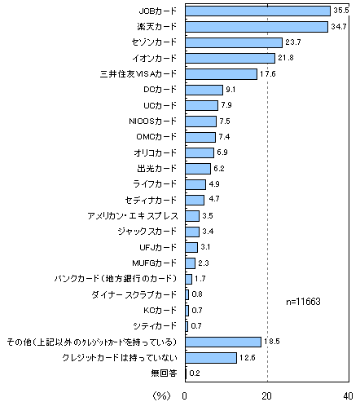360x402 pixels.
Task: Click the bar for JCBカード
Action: tap(257, 11)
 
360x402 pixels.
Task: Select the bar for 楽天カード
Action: tap(257, 27)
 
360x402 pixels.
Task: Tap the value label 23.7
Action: tap(293, 42)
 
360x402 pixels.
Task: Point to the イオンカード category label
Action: tap(155, 58)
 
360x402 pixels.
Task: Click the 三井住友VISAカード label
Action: tap(138, 74)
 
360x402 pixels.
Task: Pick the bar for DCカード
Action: tap(204, 90)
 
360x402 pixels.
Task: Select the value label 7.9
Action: tap(226, 105)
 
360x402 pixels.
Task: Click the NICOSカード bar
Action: tap(201, 121)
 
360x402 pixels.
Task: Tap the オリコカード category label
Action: tap(155, 152)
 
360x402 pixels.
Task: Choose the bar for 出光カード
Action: tap(198, 169)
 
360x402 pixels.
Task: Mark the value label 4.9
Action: tap(214, 184)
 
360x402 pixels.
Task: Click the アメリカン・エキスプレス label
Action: tap(133, 216)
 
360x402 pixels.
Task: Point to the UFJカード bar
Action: tap(191, 247)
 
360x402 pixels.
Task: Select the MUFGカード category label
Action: tap(154, 263)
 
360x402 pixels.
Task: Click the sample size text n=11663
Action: tap(303, 302)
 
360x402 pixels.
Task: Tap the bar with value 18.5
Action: tap(223, 342)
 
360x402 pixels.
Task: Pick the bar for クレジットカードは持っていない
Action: tap(211, 358)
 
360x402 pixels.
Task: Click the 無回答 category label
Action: tap(164, 373)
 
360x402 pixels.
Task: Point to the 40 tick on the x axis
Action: tap(348, 396)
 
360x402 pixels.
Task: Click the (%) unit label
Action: tap(162, 395)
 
